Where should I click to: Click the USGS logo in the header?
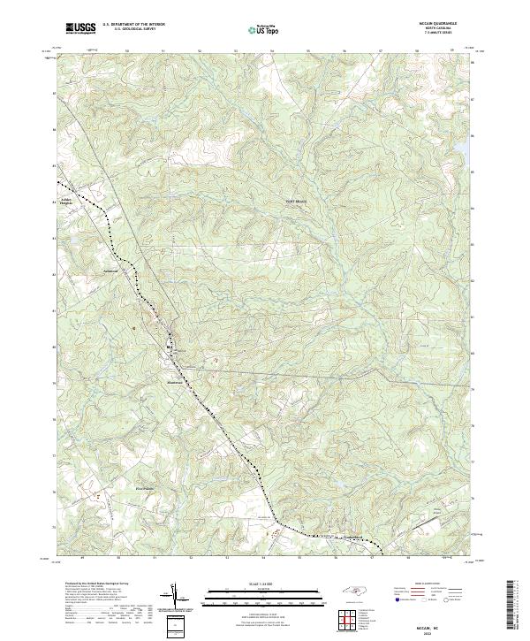[x=80, y=29]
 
